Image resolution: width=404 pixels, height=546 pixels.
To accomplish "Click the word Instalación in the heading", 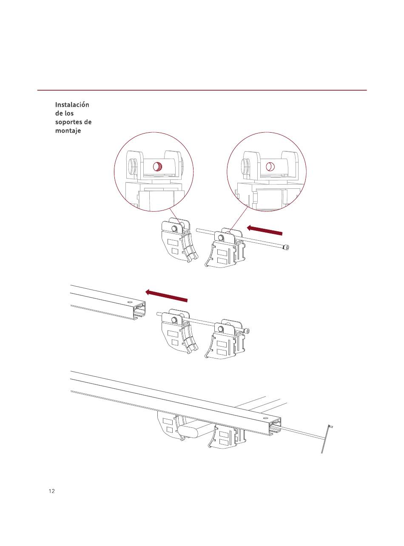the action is click(x=72, y=105).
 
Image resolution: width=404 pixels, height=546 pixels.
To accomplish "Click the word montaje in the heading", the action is click(x=68, y=131).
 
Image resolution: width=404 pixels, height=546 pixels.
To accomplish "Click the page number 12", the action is click(x=52, y=491).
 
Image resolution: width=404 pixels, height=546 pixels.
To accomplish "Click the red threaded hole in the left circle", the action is click(x=157, y=167).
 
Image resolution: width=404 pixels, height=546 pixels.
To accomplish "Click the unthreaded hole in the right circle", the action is click(x=270, y=167).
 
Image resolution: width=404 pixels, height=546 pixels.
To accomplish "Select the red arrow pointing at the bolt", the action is click(x=265, y=230).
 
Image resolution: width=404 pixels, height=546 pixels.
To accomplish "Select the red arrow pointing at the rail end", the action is click(x=166, y=296).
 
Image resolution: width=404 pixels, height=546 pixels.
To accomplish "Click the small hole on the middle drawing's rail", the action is click(x=128, y=301).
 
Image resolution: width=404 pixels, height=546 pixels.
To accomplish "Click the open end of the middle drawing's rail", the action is click(x=139, y=311).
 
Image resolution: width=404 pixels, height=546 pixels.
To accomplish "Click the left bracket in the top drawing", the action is click(x=179, y=239).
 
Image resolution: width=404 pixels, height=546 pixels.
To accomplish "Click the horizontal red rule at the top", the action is click(x=202, y=90).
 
